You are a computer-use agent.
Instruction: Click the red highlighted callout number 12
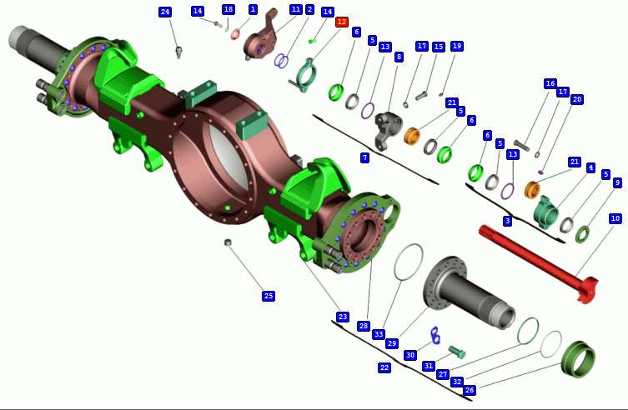[342, 22]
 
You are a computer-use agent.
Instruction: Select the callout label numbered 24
[165, 12]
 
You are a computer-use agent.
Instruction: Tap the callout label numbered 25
[269, 296]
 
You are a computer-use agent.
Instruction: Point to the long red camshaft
[539, 262]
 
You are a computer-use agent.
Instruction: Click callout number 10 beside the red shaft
[615, 218]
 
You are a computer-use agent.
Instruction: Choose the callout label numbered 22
[384, 367]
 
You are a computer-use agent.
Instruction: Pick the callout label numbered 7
[364, 157]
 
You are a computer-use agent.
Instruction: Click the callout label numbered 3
[507, 220]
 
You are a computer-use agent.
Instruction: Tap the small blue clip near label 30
[435, 335]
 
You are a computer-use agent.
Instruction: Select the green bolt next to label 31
[456, 352]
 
